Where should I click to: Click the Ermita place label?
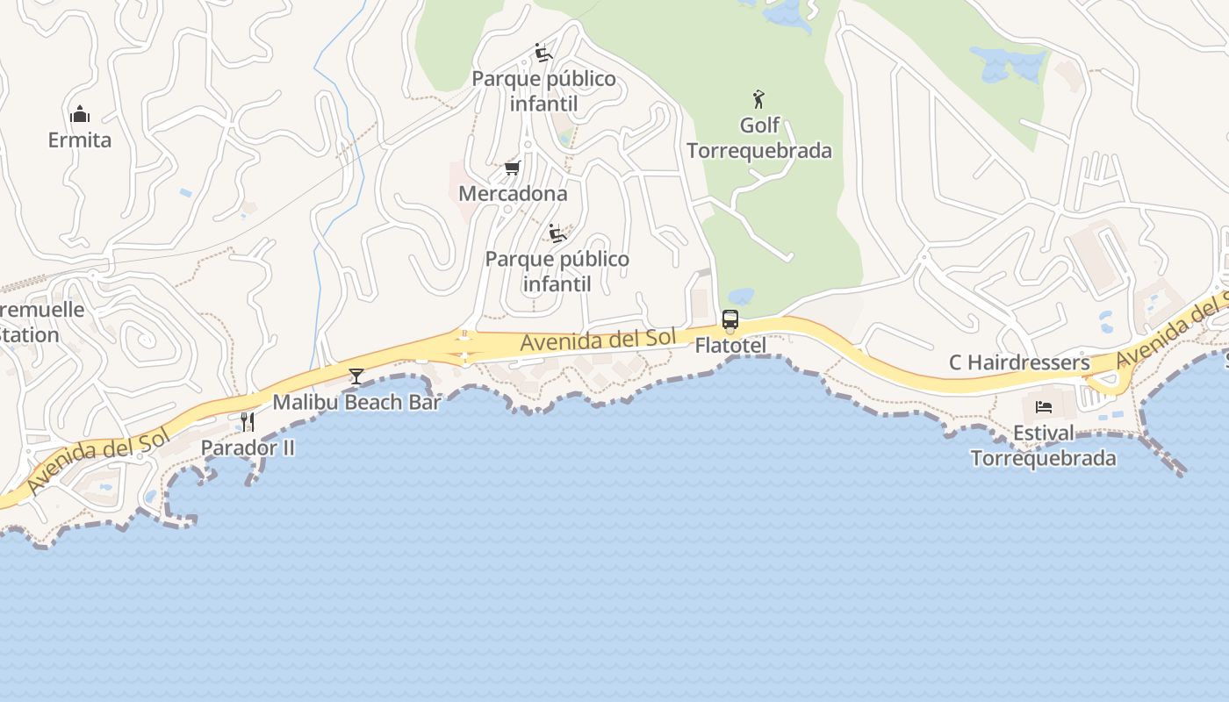tap(80, 140)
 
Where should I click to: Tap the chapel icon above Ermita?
tap(80, 114)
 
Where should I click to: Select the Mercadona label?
tap(513, 193)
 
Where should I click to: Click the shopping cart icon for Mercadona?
tap(512, 168)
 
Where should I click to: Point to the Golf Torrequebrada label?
tap(759, 138)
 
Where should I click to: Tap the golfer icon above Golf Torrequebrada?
tap(759, 98)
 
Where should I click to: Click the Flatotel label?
tap(730, 346)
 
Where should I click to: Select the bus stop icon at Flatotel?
tap(730, 319)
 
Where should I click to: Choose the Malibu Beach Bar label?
tap(356, 402)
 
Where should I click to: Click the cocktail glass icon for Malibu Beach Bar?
tap(356, 376)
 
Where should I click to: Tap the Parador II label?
tap(248, 448)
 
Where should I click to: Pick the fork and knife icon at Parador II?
tap(248, 422)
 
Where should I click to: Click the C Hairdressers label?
tap(1019, 362)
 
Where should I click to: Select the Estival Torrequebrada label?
tap(1043, 446)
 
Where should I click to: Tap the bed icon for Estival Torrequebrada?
tap(1044, 407)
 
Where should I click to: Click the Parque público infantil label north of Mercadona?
tap(544, 91)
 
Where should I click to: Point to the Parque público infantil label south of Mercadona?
tap(557, 271)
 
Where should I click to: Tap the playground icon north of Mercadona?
tap(543, 54)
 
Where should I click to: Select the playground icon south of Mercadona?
tap(557, 233)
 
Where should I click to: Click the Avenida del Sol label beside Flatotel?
tap(598, 340)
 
